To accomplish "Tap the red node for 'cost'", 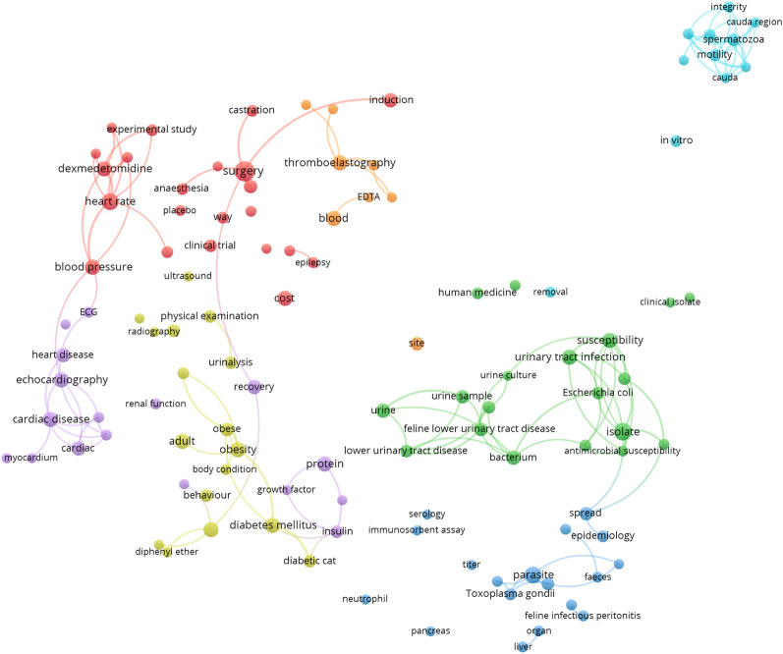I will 285,298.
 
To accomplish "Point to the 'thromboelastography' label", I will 339,162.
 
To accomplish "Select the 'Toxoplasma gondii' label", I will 510,593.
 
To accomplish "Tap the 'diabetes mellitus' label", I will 271,524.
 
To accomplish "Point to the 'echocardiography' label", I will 62,379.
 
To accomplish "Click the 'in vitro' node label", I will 676,141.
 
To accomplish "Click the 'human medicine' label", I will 476,293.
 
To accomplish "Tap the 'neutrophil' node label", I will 365,599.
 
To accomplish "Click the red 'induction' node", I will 391,100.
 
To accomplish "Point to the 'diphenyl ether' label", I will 167,552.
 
